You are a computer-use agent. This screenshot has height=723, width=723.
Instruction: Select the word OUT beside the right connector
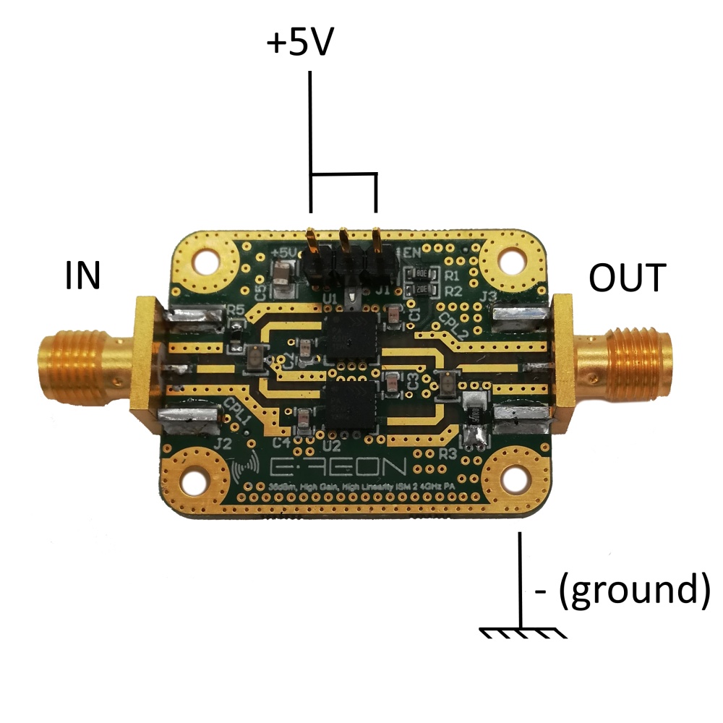point(626,278)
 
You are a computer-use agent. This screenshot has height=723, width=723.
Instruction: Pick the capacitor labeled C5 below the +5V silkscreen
point(281,274)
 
